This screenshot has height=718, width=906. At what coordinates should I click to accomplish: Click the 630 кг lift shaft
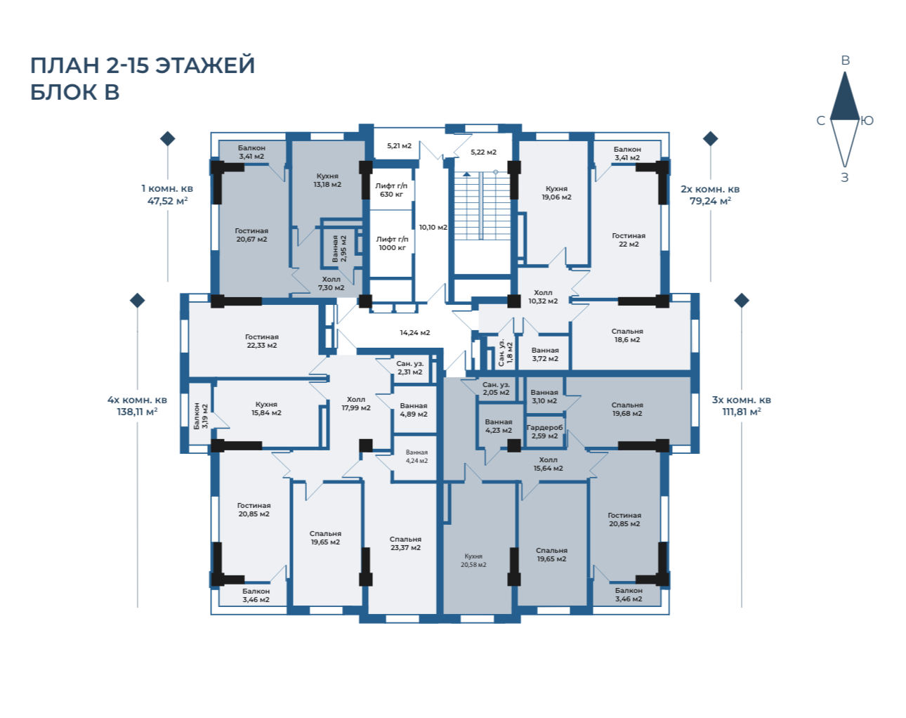[391, 190]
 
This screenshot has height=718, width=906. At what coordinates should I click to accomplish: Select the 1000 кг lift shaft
[391, 243]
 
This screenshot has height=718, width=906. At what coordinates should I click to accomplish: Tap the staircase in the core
[482, 206]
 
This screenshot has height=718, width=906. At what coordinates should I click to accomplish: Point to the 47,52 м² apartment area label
[167, 201]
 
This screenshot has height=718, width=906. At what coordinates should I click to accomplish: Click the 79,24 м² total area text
[710, 201]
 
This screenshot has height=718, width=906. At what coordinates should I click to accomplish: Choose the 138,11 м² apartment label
[137, 412]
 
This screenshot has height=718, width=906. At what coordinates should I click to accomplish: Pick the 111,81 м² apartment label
[742, 412]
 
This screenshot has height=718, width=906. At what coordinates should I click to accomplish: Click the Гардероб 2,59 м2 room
[544, 431]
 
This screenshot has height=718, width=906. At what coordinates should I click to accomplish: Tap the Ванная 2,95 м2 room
[339, 249]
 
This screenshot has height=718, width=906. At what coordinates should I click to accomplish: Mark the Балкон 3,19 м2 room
[200, 416]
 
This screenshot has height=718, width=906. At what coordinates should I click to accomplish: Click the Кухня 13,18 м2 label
[327, 181]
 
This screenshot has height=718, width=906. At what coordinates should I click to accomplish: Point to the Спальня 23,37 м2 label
[405, 543]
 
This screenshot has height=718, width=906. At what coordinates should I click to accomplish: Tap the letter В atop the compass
[845, 60]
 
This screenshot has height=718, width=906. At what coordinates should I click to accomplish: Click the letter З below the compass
[844, 177]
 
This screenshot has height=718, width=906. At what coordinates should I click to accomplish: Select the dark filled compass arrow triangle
[844, 99]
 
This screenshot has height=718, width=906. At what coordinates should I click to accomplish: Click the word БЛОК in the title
[64, 92]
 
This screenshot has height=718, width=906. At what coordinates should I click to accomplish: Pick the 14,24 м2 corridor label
[414, 333]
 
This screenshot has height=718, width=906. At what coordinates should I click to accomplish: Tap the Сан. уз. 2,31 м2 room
[409, 369]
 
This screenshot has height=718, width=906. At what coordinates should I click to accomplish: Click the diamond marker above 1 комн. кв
[168, 138]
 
